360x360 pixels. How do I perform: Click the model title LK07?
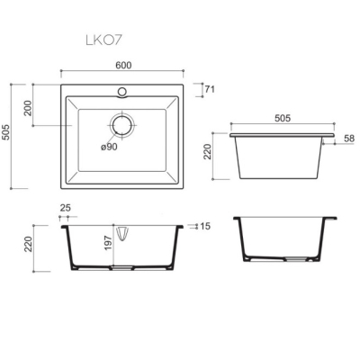[104, 40]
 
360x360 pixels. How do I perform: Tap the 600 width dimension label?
[123, 65]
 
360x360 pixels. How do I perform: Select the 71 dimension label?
[210, 89]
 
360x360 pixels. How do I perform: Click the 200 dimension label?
[28, 108]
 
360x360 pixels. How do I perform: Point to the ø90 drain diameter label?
[109, 147]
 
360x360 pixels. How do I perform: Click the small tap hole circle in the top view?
[122, 91]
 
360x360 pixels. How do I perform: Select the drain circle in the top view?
[122, 125]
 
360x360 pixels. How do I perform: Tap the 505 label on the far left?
[6, 132]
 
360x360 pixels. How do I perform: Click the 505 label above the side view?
[283, 118]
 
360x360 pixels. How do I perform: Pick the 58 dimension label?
[349, 139]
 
